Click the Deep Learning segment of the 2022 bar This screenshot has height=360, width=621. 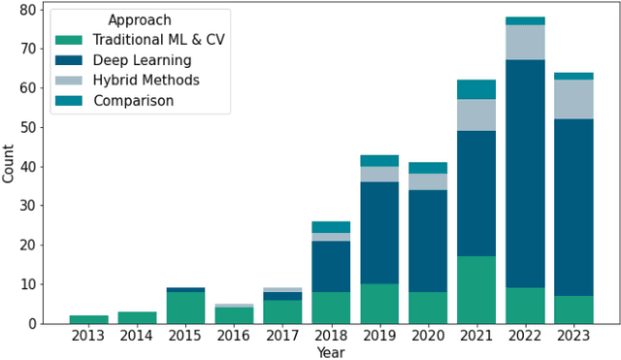coord(525,174)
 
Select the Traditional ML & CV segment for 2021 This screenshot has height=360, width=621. coord(476,290)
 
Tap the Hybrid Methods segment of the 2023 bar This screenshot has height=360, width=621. coord(573,99)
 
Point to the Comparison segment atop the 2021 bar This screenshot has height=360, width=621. coord(476,89)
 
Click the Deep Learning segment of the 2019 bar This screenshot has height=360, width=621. coord(379,233)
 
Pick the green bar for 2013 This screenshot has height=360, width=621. coord(88,319)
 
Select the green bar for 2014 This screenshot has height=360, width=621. coord(137,317)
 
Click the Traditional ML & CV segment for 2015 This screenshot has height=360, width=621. coord(185,308)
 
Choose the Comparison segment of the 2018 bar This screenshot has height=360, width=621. coord(331,227)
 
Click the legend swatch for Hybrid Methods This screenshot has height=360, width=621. coord(68,81)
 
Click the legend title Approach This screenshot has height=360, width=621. coord(140,20)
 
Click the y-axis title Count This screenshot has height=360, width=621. coord(9,164)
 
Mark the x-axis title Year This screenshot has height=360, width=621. coord(331,352)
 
